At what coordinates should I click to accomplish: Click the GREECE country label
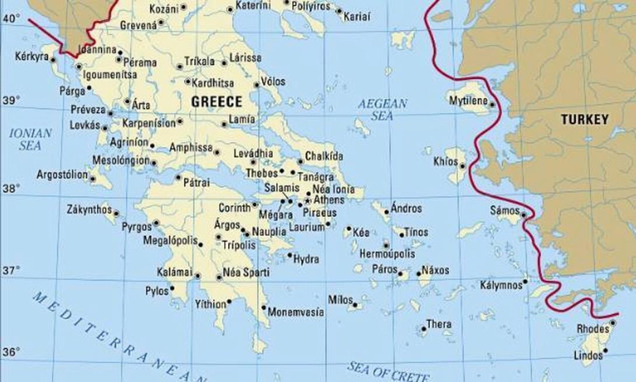[216, 102]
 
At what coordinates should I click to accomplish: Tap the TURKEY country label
[584, 120]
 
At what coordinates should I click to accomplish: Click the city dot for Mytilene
[492, 105]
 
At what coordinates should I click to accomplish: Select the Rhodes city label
[593, 328]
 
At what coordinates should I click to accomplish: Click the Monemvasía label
[295, 312]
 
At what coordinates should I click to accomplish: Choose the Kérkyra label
[32, 58]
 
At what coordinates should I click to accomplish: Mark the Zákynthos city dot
[117, 214]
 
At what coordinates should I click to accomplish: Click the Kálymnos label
[500, 285]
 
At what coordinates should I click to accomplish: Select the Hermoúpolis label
[387, 254]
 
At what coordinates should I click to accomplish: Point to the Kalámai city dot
[198, 275]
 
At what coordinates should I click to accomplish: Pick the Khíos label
[446, 161]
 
